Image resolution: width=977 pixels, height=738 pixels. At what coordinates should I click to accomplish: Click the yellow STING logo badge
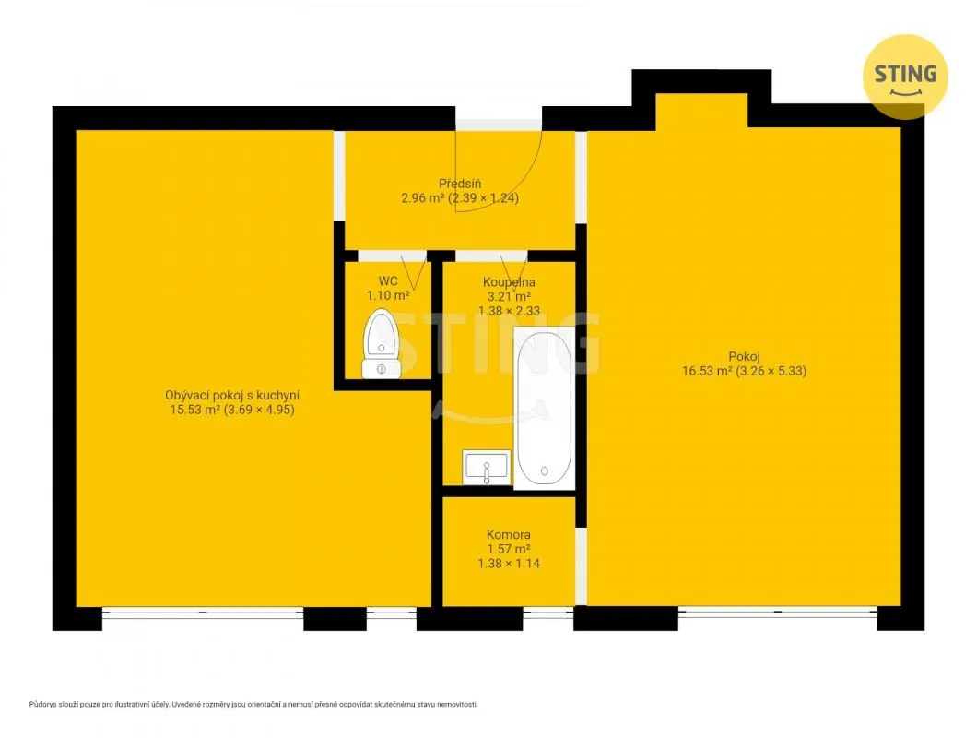[905, 77]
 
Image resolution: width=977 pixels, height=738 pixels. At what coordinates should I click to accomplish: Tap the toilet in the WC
[382, 344]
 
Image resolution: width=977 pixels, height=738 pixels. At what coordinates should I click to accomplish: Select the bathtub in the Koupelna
[544, 408]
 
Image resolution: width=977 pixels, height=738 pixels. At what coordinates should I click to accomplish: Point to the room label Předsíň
[460, 184]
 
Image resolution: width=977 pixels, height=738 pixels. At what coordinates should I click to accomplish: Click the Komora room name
[509, 535]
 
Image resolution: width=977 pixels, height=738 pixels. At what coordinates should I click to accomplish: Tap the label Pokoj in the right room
[744, 357]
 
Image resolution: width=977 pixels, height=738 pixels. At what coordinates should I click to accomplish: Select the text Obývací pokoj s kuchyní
[232, 396]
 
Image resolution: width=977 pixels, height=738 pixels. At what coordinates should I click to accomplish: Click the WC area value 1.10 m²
[387, 296]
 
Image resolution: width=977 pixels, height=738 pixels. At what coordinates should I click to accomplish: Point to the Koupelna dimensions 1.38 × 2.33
[509, 311]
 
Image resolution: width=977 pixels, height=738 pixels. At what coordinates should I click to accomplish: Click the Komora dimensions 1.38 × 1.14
[509, 564]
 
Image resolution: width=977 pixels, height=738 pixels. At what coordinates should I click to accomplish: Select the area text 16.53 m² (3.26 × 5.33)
[744, 371]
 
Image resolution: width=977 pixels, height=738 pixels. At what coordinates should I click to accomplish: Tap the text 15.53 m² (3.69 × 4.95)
[232, 410]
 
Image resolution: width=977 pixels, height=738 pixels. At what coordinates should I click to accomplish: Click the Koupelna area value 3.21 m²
[509, 296]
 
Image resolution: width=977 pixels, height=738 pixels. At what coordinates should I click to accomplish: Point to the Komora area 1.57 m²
[509, 549]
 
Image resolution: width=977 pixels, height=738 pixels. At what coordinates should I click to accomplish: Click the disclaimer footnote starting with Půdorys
[253, 704]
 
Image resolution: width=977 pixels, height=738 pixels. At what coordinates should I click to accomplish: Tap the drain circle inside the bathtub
[544, 471]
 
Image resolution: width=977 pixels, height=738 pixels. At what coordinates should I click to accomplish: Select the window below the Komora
[547, 613]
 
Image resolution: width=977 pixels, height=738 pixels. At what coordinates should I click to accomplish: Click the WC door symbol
[415, 270]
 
